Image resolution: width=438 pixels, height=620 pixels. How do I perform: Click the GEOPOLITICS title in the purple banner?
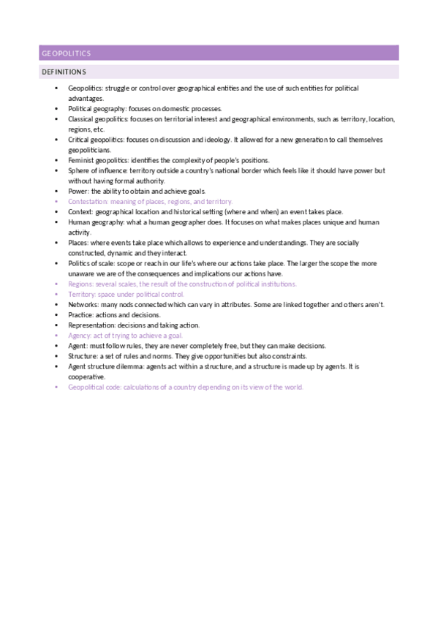[66, 53]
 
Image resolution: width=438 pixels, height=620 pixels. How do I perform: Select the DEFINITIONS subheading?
[64, 72]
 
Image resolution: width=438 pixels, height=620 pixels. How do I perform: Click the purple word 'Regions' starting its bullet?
[79, 283]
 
